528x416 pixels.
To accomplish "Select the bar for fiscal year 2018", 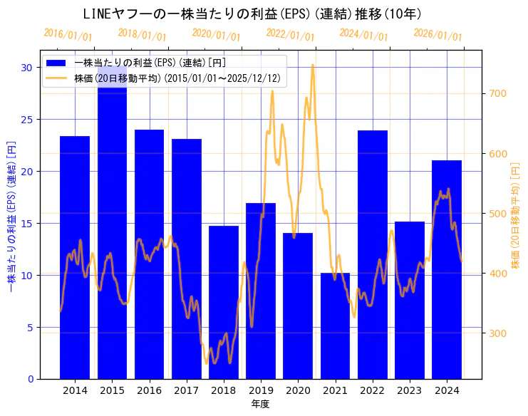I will pyautogui.click(x=224, y=302).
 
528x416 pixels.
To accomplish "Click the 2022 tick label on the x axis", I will pyautogui.click(x=372, y=390).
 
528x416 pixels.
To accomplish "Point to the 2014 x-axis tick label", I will pyautogui.click(x=75, y=390).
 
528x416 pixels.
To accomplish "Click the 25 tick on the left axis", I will pyautogui.click(x=28, y=120).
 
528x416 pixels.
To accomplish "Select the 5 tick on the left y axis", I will pyautogui.click(x=31, y=328).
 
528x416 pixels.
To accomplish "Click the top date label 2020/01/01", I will pyautogui.click(x=217, y=34).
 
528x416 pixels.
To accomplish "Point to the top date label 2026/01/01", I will pyautogui.click(x=438, y=34).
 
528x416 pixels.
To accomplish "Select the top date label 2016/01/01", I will pyautogui.click(x=68, y=34).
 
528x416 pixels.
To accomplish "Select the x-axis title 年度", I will pyautogui.click(x=260, y=404).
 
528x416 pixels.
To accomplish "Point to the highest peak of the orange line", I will pyautogui.click(x=312, y=65).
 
